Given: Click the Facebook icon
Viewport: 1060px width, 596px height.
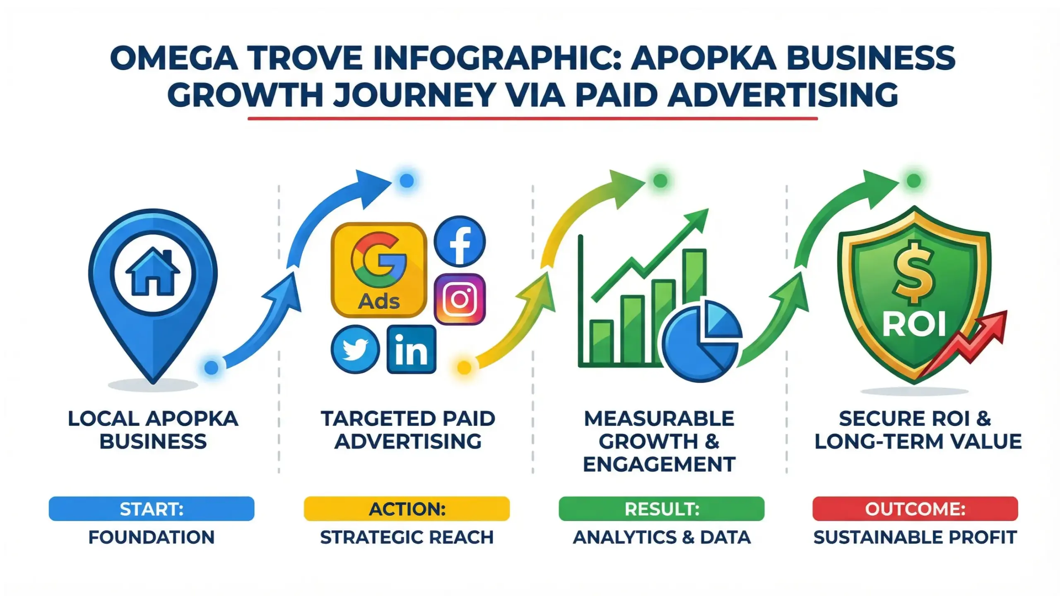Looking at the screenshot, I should (460, 241).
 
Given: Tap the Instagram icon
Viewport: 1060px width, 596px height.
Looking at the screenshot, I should (460, 299).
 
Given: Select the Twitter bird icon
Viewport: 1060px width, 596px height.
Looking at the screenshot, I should (355, 349).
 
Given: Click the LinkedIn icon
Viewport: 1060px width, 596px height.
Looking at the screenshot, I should (411, 349).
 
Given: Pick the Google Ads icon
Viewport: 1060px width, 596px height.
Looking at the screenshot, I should (379, 270).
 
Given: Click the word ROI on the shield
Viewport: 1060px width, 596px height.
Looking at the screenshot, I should (914, 324).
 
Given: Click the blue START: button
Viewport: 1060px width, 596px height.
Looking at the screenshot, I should (152, 509).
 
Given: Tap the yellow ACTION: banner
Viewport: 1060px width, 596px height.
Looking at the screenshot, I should (407, 509).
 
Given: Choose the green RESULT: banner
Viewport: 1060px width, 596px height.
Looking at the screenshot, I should (661, 509).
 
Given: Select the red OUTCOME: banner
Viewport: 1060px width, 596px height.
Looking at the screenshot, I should (915, 509).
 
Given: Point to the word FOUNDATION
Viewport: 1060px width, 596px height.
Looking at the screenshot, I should (152, 537).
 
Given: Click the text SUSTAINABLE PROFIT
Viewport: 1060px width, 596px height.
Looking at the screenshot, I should (915, 537).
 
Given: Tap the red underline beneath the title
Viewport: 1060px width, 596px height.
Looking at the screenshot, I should (532, 119).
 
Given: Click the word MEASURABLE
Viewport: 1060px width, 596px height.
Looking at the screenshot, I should (659, 419).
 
